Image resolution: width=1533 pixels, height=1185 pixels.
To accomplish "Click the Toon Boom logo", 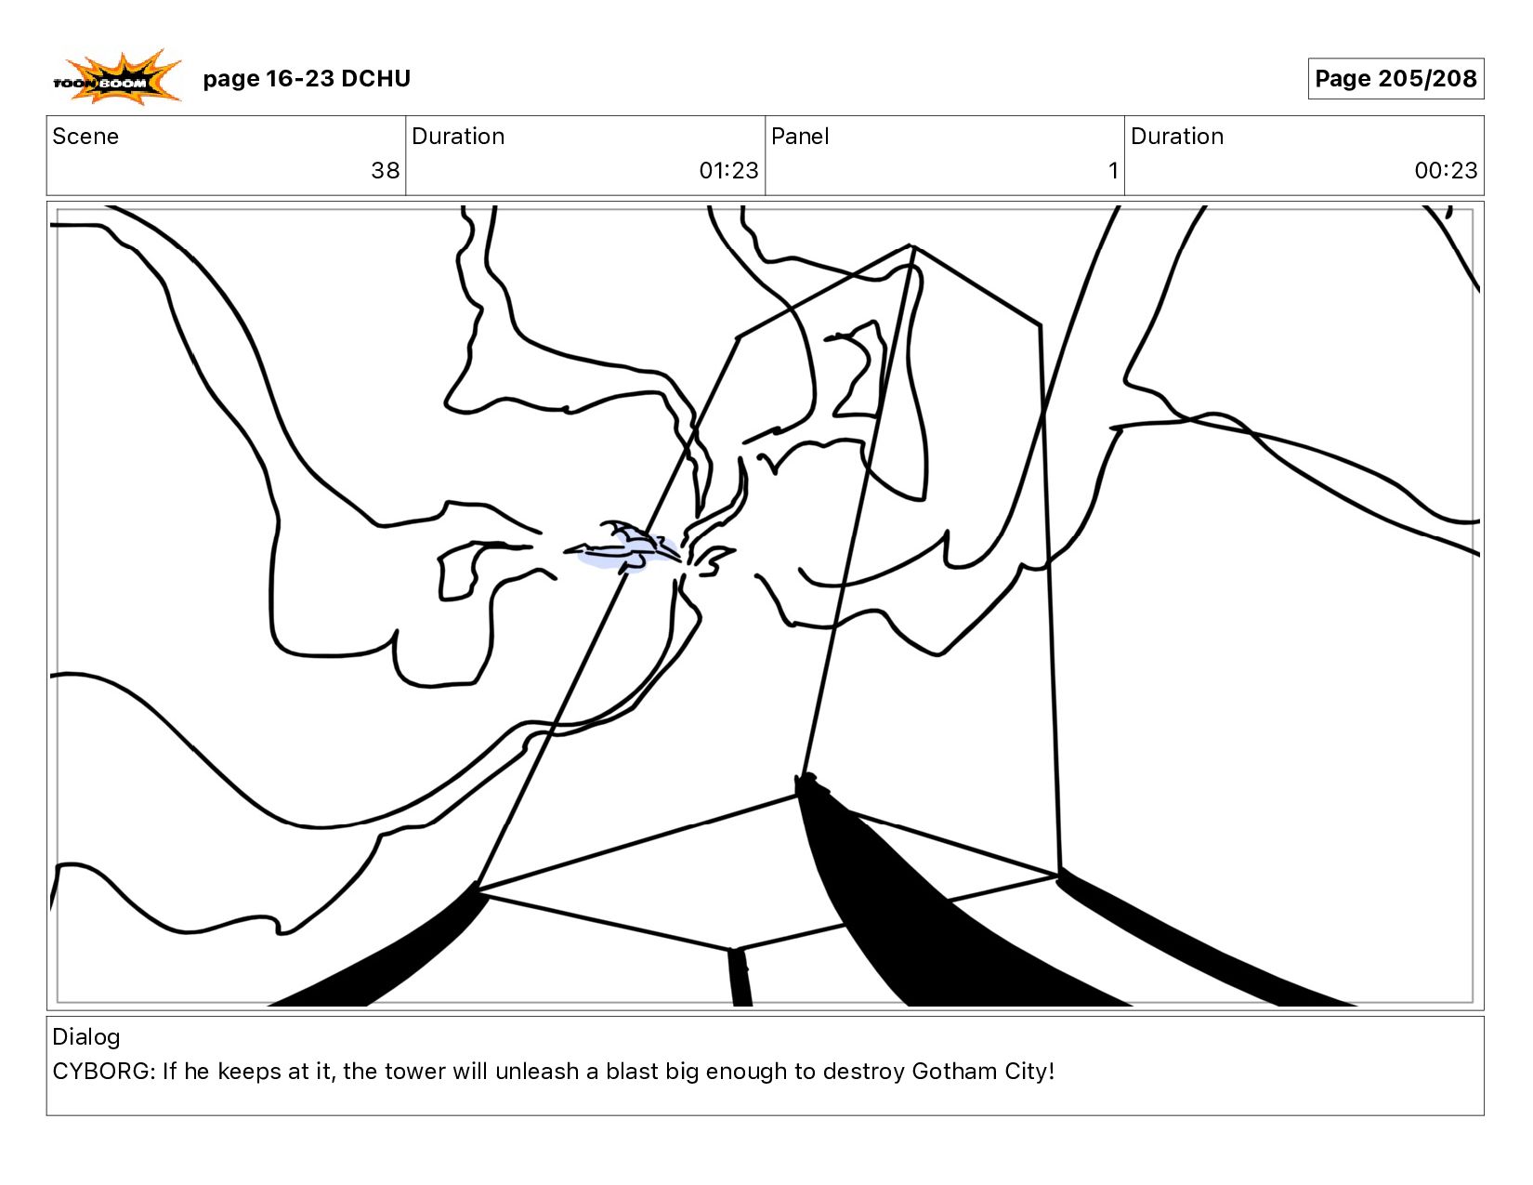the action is coord(117,78).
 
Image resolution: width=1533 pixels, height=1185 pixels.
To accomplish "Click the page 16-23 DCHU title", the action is coord(307,78).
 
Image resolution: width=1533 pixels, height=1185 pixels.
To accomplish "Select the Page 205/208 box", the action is coord(1395,78).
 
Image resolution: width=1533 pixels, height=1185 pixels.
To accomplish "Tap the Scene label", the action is coord(85,137).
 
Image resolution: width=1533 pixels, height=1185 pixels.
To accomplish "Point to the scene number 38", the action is coord(386,170).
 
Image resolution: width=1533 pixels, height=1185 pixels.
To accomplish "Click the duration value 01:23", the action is coord(728,170).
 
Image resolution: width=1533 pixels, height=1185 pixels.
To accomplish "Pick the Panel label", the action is coord(800,137).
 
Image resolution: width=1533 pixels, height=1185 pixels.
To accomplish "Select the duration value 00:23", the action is coord(1447,170).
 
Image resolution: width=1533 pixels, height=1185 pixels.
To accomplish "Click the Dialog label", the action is coord(86,1037).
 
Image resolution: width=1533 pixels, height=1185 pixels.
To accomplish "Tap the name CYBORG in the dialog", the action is coord(101,1072).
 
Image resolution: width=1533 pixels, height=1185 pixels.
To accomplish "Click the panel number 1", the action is coord(1113,170).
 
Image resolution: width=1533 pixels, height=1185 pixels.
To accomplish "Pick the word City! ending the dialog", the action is coord(1029,1073).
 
